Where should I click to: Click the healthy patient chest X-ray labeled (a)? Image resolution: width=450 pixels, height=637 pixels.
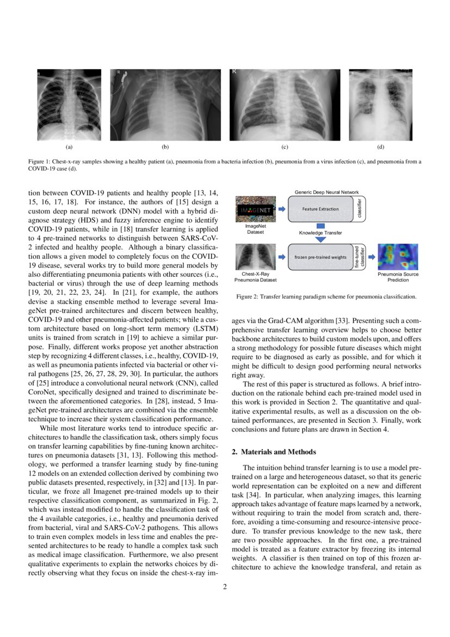pos(69,105)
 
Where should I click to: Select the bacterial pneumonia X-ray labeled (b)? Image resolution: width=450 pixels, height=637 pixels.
pos(165,105)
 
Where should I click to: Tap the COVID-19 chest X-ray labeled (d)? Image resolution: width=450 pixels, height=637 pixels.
pos(380,105)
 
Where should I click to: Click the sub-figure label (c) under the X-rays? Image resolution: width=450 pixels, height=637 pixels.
pos(285,147)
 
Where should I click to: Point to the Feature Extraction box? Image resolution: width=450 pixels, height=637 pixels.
pos(320,209)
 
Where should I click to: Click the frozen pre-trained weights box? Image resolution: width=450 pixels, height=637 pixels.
pos(320,257)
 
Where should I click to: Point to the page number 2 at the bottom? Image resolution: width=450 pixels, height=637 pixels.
pos(225,587)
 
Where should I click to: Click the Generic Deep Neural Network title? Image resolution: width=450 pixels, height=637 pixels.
pos(326,192)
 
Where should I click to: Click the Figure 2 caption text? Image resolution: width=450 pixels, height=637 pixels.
pos(326,297)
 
